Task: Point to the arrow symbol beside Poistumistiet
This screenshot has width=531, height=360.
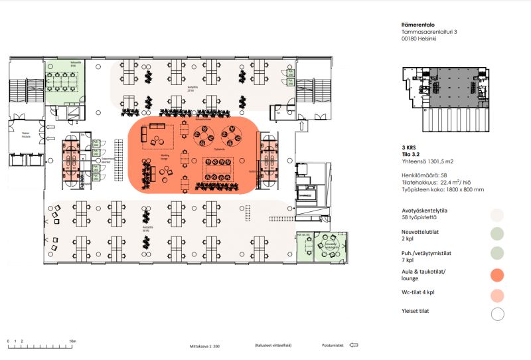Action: tap(354, 345)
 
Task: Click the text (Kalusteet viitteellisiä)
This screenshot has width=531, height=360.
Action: tap(274, 345)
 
